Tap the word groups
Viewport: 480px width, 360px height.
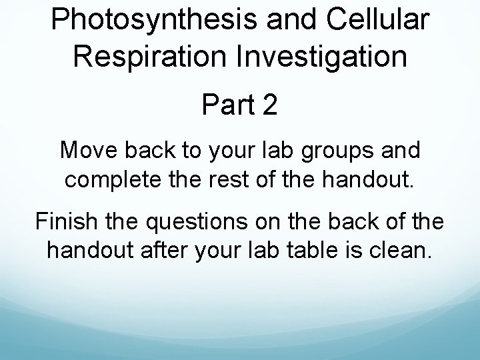coord(337,151)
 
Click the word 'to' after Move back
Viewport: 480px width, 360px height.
coord(185,151)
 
